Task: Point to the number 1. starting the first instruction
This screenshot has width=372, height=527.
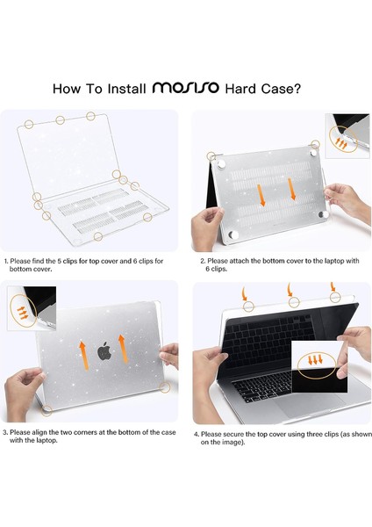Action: click(7, 261)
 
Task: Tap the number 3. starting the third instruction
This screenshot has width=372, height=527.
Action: click(7, 433)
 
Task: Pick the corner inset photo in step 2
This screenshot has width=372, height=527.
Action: click(347, 134)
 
